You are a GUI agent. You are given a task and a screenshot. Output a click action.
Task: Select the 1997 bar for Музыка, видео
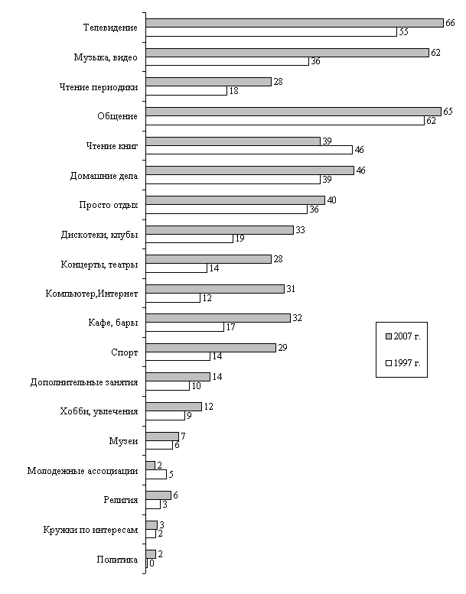click(x=226, y=61)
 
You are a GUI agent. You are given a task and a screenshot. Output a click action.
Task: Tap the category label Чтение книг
click(x=112, y=146)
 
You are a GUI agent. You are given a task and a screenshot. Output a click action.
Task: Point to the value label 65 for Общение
click(x=448, y=112)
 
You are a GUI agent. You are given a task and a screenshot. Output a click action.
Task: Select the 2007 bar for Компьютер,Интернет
click(x=214, y=288)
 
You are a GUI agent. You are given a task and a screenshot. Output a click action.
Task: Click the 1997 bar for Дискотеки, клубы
click(x=189, y=239)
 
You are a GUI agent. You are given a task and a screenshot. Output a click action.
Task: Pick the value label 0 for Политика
click(x=152, y=563)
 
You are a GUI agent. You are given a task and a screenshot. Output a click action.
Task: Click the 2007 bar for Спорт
click(x=210, y=347)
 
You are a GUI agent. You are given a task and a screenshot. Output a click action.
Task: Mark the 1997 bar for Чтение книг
click(x=249, y=150)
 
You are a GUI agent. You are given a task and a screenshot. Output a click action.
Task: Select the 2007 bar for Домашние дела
click(x=249, y=170)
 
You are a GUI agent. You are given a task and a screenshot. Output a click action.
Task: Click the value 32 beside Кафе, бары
click(x=298, y=318)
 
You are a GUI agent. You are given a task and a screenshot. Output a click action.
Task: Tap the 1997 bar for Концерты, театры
click(x=176, y=268)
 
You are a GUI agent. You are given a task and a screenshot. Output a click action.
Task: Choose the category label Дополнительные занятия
click(x=84, y=381)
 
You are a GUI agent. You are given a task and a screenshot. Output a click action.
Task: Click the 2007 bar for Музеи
click(x=161, y=436)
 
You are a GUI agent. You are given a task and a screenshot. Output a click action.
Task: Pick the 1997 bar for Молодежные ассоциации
click(x=155, y=475)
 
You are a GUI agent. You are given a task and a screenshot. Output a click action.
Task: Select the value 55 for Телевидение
click(x=402, y=31)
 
